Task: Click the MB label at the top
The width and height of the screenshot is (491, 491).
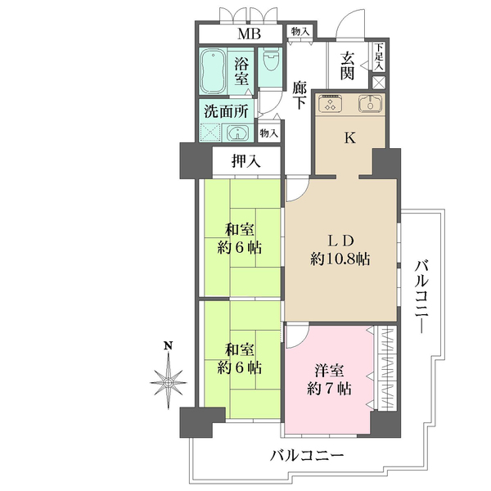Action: tap(248, 34)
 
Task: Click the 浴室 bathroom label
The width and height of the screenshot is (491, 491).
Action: tap(242, 71)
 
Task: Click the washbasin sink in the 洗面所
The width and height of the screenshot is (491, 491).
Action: tap(239, 133)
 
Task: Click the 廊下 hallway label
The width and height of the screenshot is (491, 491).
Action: tap(300, 95)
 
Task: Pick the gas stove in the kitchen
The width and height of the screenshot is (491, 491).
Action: tap(331, 104)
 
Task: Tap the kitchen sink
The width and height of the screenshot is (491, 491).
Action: tap(371, 104)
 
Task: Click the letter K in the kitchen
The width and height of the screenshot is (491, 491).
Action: tap(349, 137)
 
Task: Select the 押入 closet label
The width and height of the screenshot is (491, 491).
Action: tap(245, 161)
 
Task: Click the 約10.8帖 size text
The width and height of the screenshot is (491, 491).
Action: tap(340, 259)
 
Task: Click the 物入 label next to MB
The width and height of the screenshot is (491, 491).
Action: tap(300, 31)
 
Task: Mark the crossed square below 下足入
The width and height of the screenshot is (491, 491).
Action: tap(379, 82)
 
